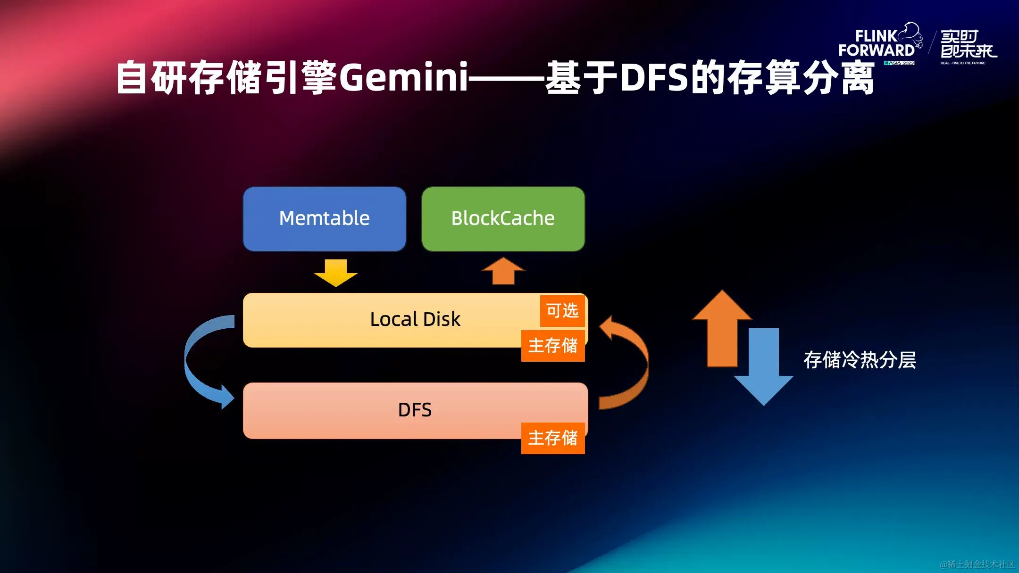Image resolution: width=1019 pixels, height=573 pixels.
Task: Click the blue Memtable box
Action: pos(324,219)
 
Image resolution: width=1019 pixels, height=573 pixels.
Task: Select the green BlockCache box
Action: pos(503,219)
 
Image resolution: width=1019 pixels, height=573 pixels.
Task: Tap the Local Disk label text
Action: pos(415,319)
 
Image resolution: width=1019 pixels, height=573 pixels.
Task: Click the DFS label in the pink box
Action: pos(415,410)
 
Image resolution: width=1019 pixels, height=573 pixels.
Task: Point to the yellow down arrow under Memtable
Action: pos(336,273)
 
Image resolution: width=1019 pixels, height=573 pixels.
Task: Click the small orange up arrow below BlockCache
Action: pos(503,271)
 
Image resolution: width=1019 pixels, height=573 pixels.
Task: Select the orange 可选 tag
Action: pos(562,311)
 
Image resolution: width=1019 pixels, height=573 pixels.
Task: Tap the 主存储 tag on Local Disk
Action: pos(552,346)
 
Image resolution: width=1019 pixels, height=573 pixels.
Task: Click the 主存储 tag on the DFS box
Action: pos(552,438)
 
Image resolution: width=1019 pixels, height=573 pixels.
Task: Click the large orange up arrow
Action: pos(722,330)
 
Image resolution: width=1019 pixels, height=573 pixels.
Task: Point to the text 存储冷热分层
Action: pos(860,360)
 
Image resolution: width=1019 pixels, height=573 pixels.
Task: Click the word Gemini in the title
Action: pos(403,77)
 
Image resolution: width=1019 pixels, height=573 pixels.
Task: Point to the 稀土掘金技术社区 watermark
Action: pos(977,564)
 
